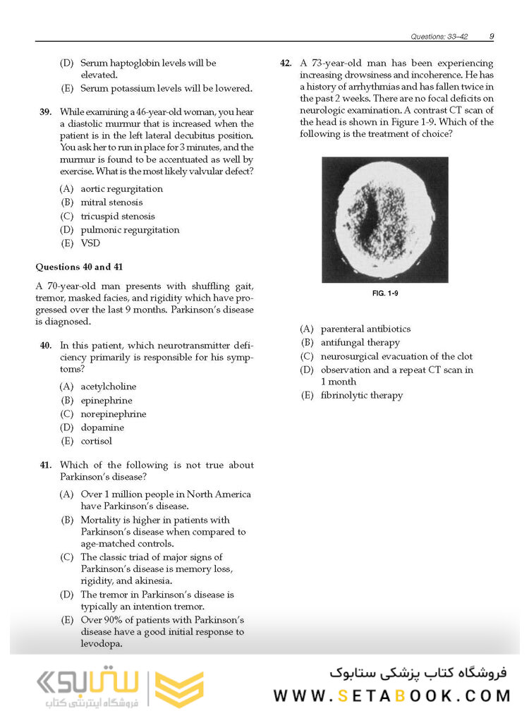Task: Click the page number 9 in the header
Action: click(491, 36)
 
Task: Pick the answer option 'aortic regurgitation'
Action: click(121, 189)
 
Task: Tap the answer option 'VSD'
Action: click(90, 243)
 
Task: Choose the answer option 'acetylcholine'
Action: click(109, 387)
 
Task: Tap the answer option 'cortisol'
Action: click(96, 441)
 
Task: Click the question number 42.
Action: click(286, 63)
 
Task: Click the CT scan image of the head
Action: click(384, 219)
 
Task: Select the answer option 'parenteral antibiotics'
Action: click(365, 329)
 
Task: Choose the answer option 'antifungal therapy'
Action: click(360, 343)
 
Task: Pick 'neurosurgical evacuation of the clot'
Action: click(396, 356)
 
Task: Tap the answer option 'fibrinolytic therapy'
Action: click(361, 396)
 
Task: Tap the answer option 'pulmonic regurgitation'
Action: click(130, 230)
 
